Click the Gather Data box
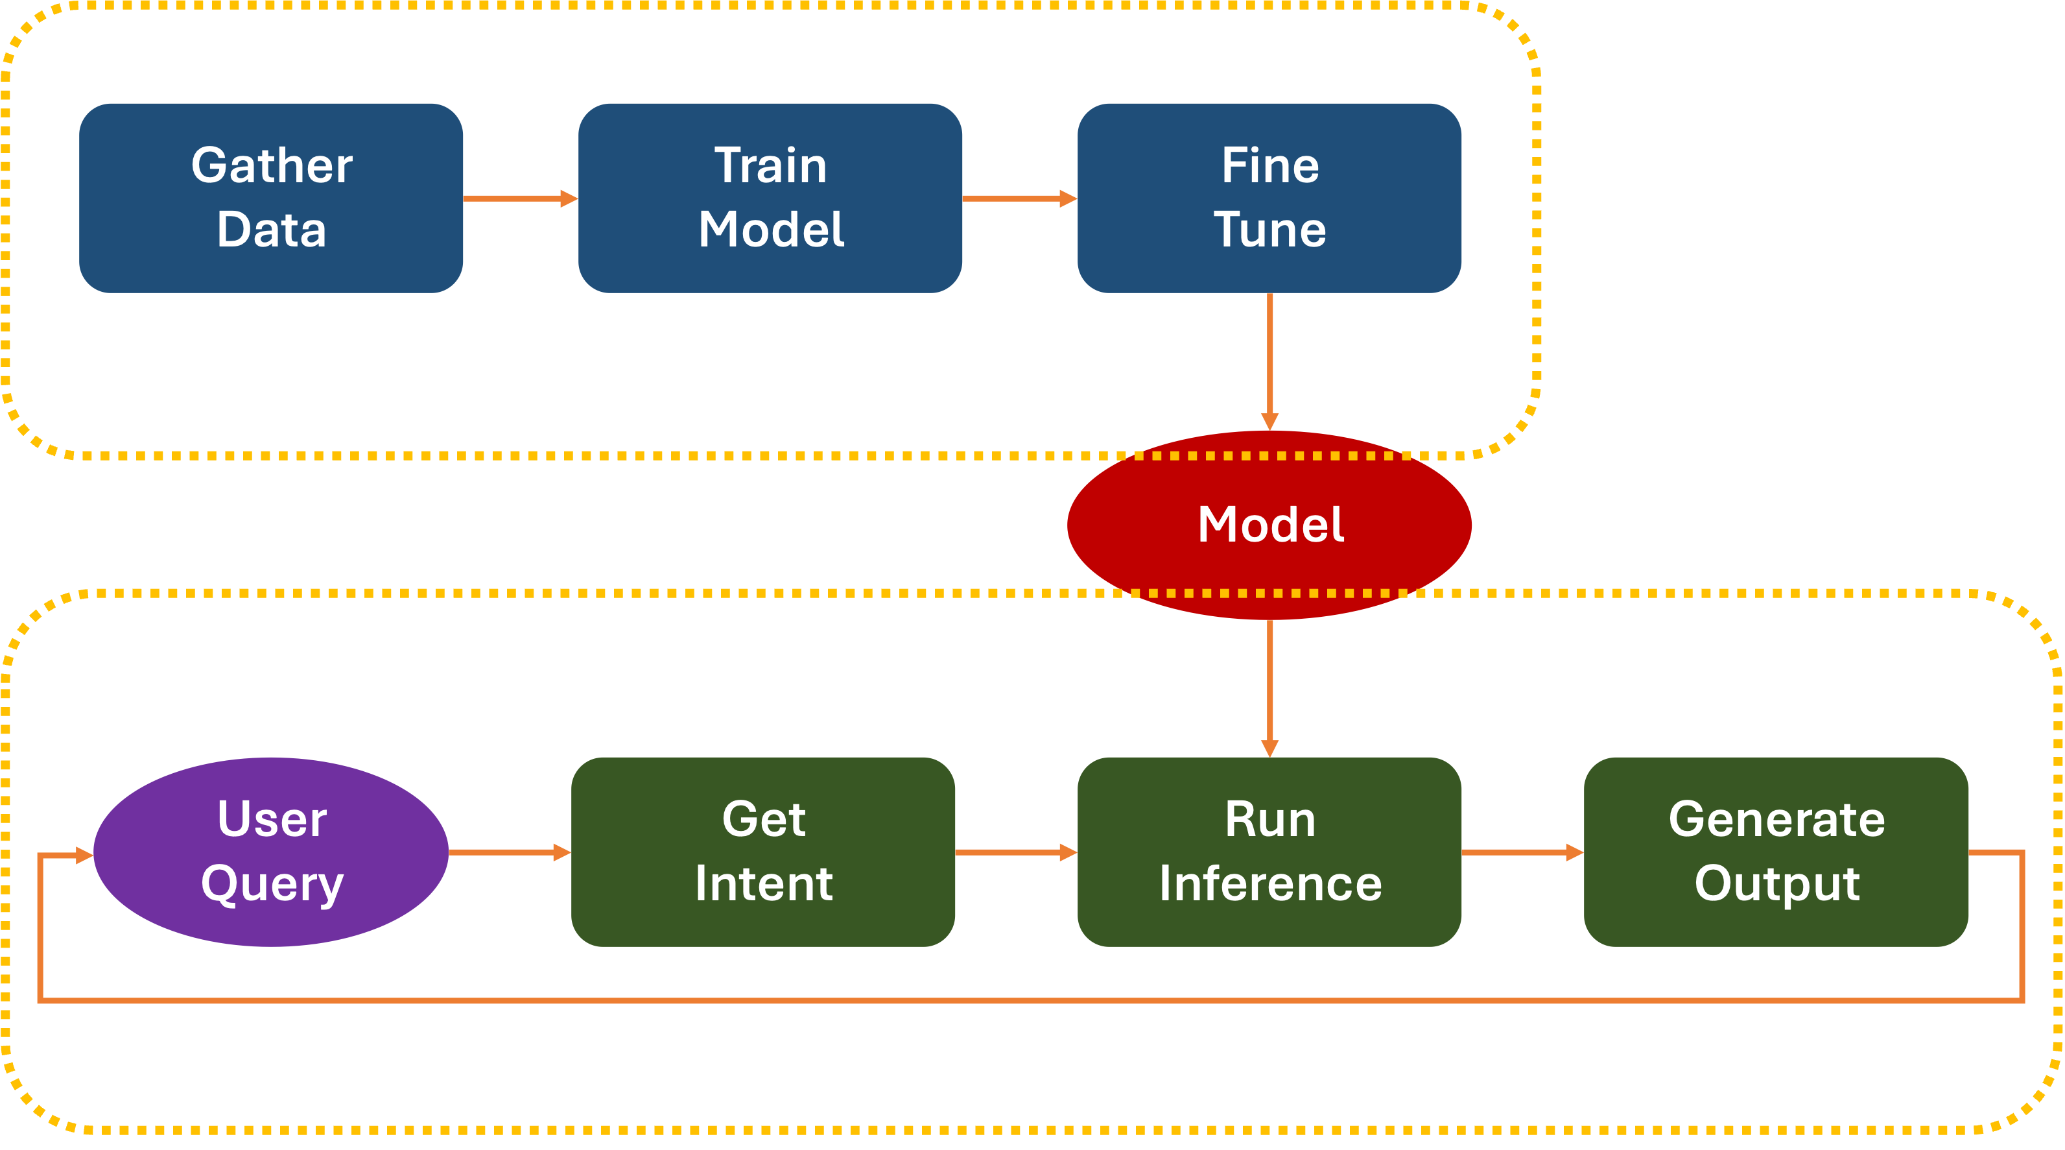271,197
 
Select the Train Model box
770,197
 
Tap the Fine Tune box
1269,197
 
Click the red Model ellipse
1269,525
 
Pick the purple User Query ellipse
271,852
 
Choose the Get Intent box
762,852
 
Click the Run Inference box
1269,852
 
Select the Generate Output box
1776,852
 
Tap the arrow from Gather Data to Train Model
520,198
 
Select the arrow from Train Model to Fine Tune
1019,198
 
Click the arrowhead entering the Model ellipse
1269,421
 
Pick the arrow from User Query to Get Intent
509,852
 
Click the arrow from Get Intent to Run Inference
1016,852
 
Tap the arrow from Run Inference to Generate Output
1522,852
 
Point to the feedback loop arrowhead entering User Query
84,856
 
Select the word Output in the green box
1776,884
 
